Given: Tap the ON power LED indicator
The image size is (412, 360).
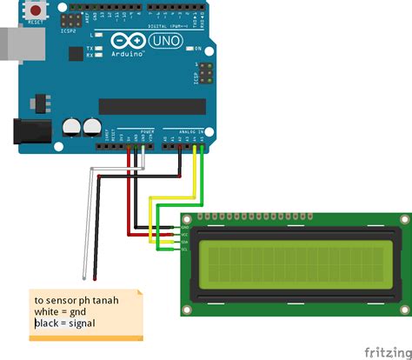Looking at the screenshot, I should click(198, 48).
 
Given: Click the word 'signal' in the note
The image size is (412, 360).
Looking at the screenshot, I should click(77, 323).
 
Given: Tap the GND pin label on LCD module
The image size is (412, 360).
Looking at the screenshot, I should click(184, 227).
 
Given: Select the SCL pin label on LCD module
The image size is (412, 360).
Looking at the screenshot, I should click(184, 249).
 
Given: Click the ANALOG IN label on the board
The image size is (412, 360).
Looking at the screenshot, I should click(188, 130).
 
